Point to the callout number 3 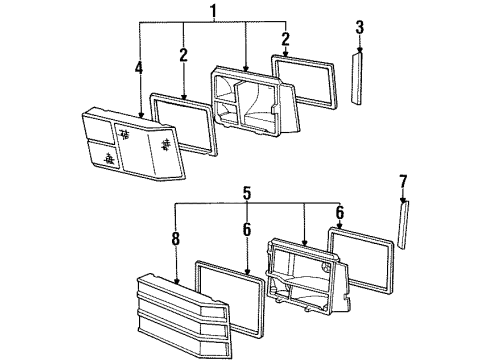click(x=360, y=27)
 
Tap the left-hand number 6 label click(x=247, y=228)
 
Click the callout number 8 click(x=176, y=240)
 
